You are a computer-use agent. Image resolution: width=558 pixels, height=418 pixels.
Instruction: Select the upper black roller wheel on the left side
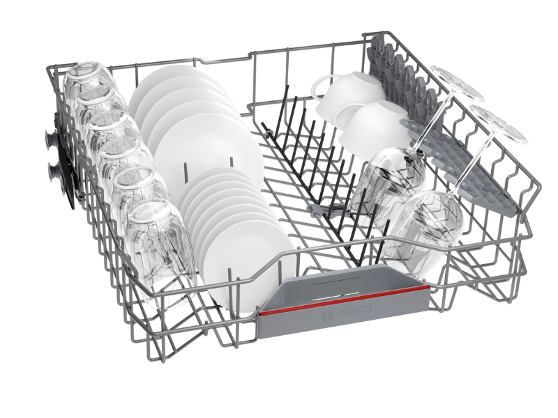[x=51, y=139]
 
